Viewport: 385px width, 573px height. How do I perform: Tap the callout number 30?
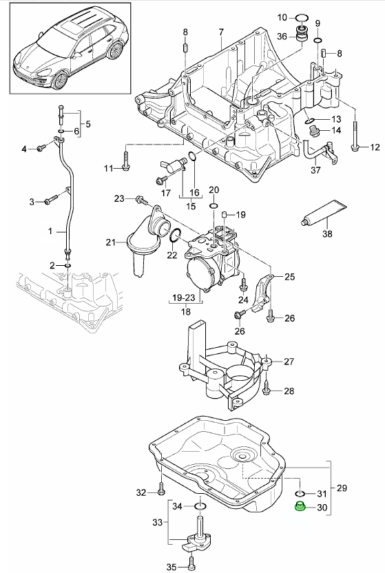(320, 509)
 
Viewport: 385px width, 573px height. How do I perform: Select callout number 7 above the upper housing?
(221, 32)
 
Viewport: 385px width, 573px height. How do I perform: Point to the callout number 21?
(110, 242)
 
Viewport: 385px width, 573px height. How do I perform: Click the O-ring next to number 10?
(301, 17)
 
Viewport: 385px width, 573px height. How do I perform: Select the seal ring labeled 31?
(300, 494)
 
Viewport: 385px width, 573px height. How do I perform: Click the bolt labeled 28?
(268, 391)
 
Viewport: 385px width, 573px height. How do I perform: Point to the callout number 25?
(289, 277)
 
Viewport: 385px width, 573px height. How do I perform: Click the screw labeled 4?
(43, 148)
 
